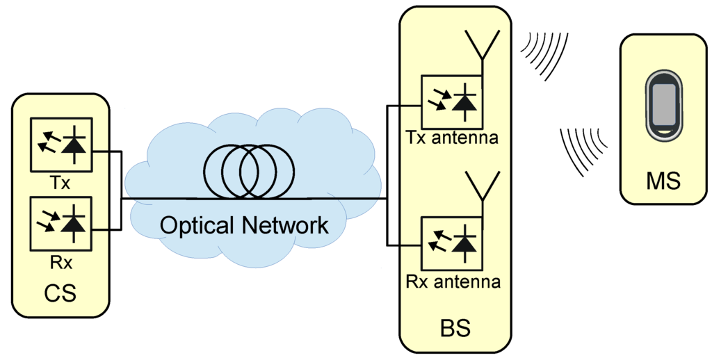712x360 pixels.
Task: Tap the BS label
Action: point(455,327)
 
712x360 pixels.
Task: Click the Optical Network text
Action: point(243,225)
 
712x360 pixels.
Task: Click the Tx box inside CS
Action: point(60,145)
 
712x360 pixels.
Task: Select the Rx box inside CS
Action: point(60,224)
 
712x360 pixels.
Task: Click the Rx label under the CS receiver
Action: point(60,263)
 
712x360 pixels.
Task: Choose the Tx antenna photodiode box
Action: point(452,101)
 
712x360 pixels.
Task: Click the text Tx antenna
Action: point(452,138)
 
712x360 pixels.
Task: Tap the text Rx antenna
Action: point(453,282)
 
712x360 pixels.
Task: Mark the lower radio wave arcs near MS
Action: point(583,150)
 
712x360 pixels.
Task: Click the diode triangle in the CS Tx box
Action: point(74,145)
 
